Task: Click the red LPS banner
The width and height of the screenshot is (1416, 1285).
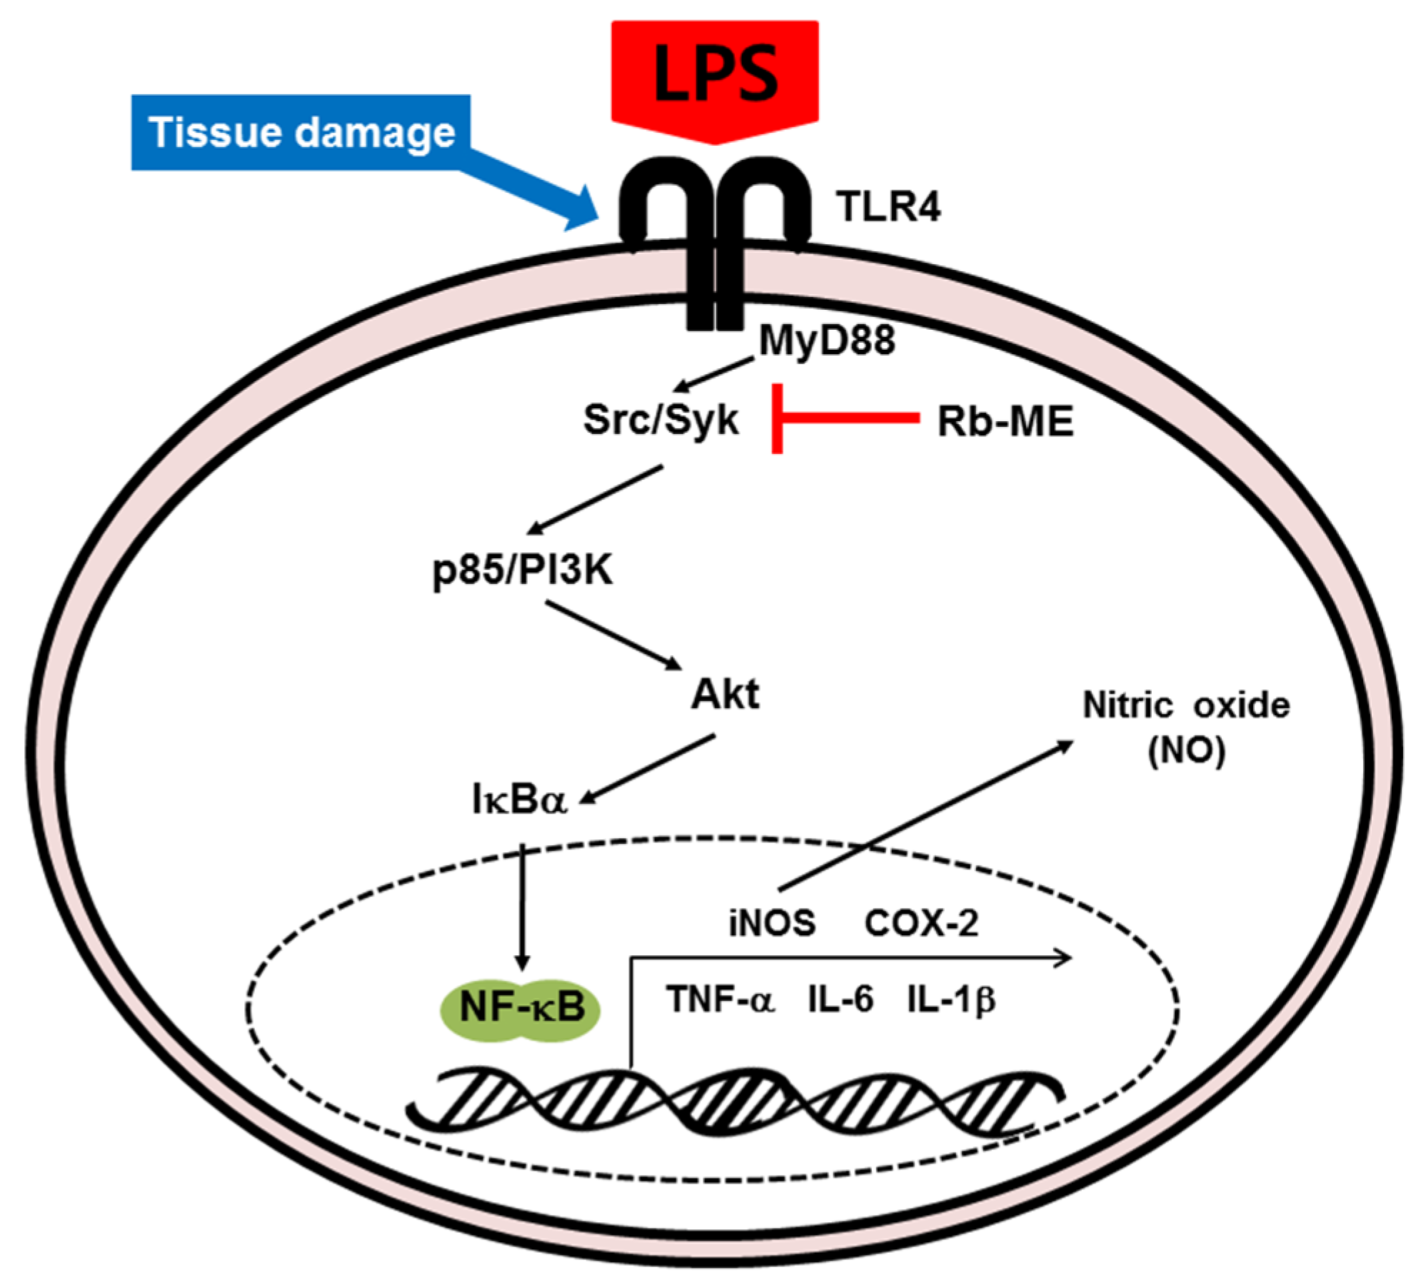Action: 715,75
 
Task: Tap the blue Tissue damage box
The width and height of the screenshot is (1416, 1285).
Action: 301,133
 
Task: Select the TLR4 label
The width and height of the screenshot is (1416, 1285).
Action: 889,207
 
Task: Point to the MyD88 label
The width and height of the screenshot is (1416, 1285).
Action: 827,340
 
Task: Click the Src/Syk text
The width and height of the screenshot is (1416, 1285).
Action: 661,420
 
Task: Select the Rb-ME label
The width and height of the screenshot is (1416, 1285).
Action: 1005,421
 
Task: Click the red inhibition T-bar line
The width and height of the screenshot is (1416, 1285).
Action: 846,418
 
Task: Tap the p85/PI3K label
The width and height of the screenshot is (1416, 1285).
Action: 523,570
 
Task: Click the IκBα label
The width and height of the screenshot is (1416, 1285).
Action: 519,800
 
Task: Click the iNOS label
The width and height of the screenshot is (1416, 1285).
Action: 772,923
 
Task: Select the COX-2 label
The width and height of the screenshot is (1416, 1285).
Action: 921,923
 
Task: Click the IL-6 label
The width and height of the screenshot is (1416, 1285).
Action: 840,999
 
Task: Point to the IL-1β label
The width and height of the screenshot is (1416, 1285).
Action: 951,999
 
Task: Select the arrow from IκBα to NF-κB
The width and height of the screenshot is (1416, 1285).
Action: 523,907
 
